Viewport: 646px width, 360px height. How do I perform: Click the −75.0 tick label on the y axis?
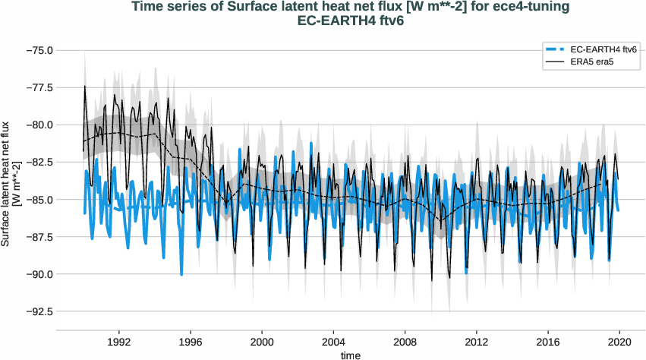pyautogui.click(x=38, y=50)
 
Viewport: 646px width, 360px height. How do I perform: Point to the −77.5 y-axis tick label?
pyautogui.click(x=38, y=87)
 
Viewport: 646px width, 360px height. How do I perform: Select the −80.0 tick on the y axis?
pyautogui.click(x=38, y=125)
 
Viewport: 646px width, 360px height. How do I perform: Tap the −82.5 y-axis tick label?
pyautogui.click(x=38, y=162)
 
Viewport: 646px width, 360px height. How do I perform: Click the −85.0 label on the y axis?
pyautogui.click(x=38, y=199)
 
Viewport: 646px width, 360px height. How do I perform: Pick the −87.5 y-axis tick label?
pyautogui.click(x=38, y=236)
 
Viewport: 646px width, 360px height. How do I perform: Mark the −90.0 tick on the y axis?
pyautogui.click(x=38, y=274)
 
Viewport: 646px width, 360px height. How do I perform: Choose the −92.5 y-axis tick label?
pyautogui.click(x=38, y=311)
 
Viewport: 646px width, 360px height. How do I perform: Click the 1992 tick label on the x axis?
pyautogui.click(x=118, y=342)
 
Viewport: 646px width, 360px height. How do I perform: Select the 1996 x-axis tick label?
pyautogui.click(x=190, y=342)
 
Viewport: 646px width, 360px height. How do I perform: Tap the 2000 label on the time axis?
pyautogui.click(x=262, y=342)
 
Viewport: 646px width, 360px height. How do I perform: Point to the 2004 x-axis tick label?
pyautogui.click(x=333, y=342)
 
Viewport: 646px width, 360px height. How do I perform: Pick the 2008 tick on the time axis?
pyautogui.click(x=405, y=342)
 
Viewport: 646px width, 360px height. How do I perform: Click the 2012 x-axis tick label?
pyautogui.click(x=477, y=342)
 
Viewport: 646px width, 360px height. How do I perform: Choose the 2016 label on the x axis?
pyautogui.click(x=549, y=342)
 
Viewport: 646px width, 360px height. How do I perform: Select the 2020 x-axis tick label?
pyautogui.click(x=620, y=342)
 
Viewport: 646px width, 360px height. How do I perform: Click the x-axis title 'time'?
pyautogui.click(x=351, y=355)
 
